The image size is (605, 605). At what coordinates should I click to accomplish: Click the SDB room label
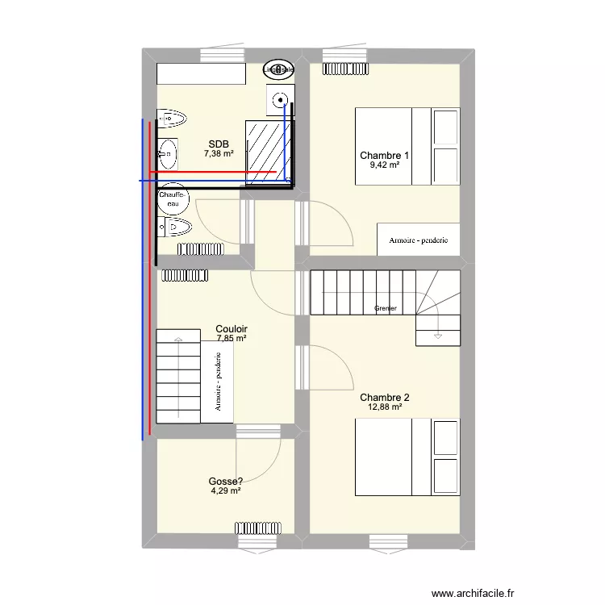219,144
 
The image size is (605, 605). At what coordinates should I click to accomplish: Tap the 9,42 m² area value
385,165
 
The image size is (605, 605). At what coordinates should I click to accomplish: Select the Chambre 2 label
385,397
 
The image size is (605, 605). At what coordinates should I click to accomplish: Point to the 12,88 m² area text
385,407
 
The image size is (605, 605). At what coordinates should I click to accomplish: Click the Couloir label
232,329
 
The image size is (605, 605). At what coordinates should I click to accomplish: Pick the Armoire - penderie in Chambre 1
419,240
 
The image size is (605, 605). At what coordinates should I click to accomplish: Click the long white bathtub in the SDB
201,74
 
